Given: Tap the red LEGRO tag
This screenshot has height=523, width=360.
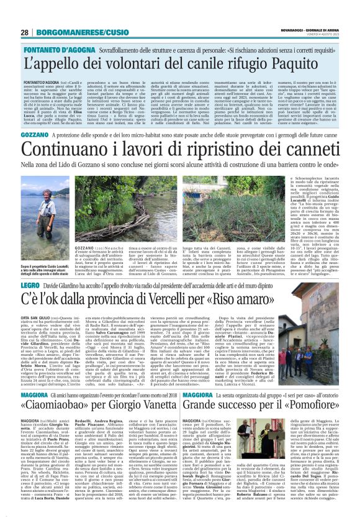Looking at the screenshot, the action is (31, 285).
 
